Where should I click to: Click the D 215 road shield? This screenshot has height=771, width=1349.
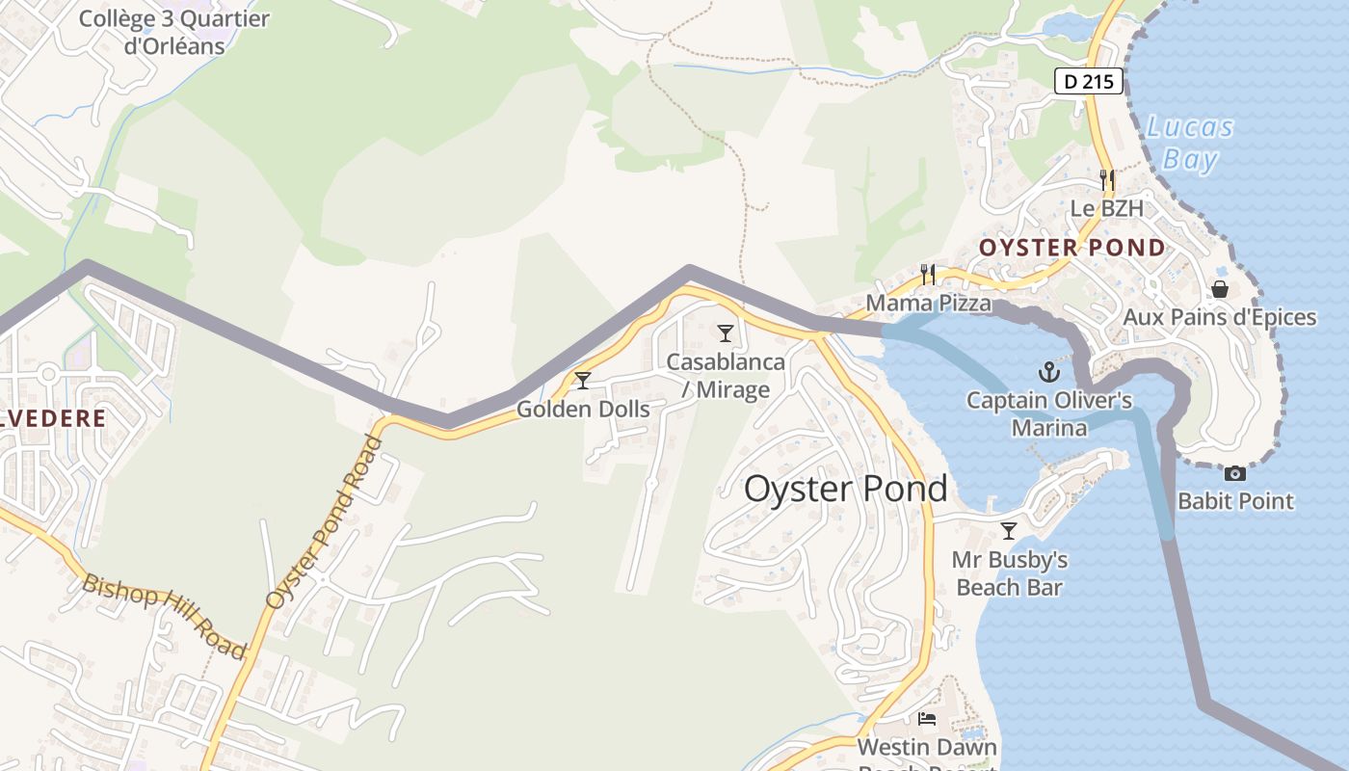tap(1090, 81)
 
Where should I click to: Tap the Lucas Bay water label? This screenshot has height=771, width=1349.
tap(1190, 143)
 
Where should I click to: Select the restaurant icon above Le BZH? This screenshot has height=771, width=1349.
tap(1107, 180)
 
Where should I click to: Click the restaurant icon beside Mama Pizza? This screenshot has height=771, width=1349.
tap(928, 275)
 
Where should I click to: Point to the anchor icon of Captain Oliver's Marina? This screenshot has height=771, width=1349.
tap(1047, 371)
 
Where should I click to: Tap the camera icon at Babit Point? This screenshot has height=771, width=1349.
tap(1234, 473)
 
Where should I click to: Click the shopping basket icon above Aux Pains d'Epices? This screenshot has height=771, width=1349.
tap(1219, 289)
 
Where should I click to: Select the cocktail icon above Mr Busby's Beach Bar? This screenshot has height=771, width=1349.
tap(1009, 530)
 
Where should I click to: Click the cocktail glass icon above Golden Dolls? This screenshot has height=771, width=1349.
tap(582, 381)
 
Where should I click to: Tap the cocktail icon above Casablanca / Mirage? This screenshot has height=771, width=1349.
tap(726, 333)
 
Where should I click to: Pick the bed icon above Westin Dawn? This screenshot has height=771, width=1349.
tap(927, 719)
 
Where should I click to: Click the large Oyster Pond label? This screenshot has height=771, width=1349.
tap(845, 489)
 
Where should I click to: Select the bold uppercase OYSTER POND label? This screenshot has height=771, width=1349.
tap(1072, 248)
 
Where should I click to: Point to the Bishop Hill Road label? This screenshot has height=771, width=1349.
tap(165, 616)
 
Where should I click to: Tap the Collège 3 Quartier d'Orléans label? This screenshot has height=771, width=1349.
tap(173, 31)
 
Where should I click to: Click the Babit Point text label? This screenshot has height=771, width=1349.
tap(1235, 501)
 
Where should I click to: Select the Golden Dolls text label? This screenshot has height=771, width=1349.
tap(583, 409)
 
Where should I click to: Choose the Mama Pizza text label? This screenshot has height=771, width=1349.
tap(928, 304)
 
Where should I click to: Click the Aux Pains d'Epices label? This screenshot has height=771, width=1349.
tap(1219, 317)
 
